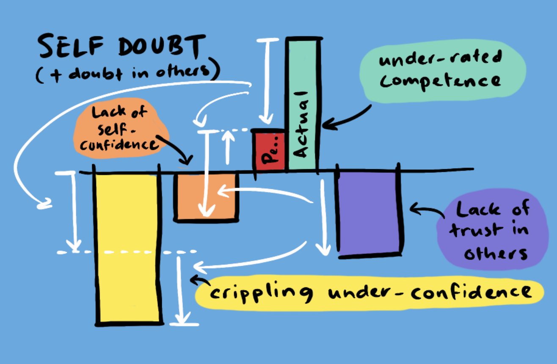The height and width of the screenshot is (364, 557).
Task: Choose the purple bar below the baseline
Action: pos(368,212)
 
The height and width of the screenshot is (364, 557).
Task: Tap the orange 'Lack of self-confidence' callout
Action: pos(121,129)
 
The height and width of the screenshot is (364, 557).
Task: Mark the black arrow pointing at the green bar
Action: pos(345,119)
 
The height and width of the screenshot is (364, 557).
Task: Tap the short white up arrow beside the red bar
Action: pos(228,146)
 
